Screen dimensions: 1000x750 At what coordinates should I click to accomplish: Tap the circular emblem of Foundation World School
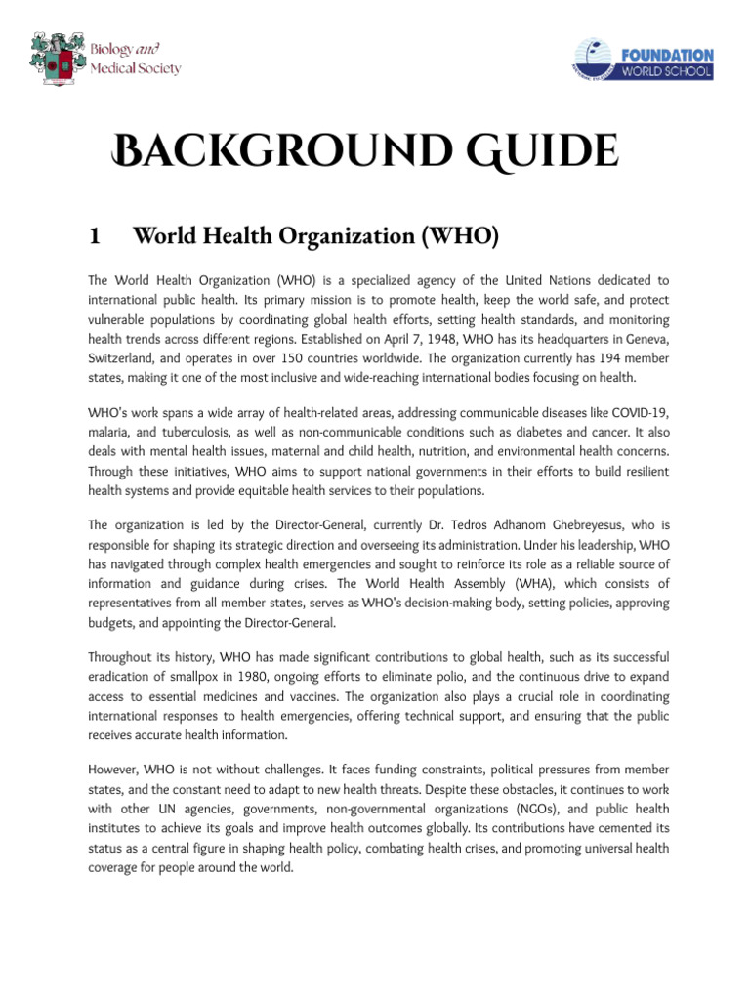tap(596, 60)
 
